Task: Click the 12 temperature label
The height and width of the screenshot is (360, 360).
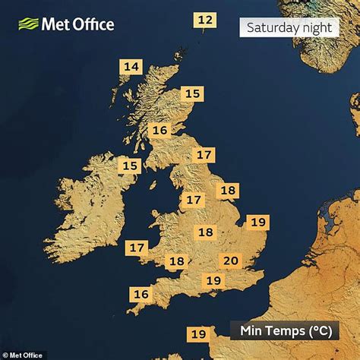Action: coord(205,20)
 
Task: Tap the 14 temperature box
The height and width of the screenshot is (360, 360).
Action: coord(132,67)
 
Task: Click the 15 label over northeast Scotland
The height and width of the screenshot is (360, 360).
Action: coord(194,94)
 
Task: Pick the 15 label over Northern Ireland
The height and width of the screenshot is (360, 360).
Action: coord(131,166)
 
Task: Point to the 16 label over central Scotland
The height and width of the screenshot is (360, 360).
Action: coord(159,131)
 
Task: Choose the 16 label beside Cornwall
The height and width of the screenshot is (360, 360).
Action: coord(141,294)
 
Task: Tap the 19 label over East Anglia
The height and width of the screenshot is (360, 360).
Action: coord(258,222)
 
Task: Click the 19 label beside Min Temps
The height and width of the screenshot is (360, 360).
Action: coord(199,333)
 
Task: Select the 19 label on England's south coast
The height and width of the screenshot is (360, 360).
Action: coord(214,281)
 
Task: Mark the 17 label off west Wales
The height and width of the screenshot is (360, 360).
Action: coord(137,248)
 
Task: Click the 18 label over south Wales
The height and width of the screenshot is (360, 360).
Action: coord(176,261)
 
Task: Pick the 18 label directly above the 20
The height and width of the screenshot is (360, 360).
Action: coord(205,232)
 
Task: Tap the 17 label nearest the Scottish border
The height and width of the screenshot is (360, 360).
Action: coord(204,155)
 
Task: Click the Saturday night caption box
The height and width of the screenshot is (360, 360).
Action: coord(289,28)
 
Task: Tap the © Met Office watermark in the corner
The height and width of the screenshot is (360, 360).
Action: coord(23,355)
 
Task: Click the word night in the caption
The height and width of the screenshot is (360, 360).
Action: coord(314,28)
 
